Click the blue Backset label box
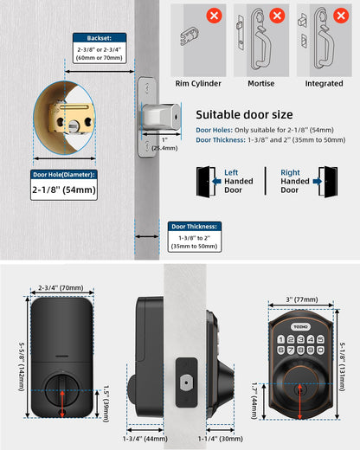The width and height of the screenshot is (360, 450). click(x=100, y=39)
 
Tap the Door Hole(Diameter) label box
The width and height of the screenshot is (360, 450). click(x=63, y=175)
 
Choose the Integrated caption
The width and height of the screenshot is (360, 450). click(x=324, y=84)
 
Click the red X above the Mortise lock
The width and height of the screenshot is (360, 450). click(x=277, y=15)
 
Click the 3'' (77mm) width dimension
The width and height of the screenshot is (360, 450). click(x=306, y=300)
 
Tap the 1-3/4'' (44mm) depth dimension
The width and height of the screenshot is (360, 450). click(x=145, y=440)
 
